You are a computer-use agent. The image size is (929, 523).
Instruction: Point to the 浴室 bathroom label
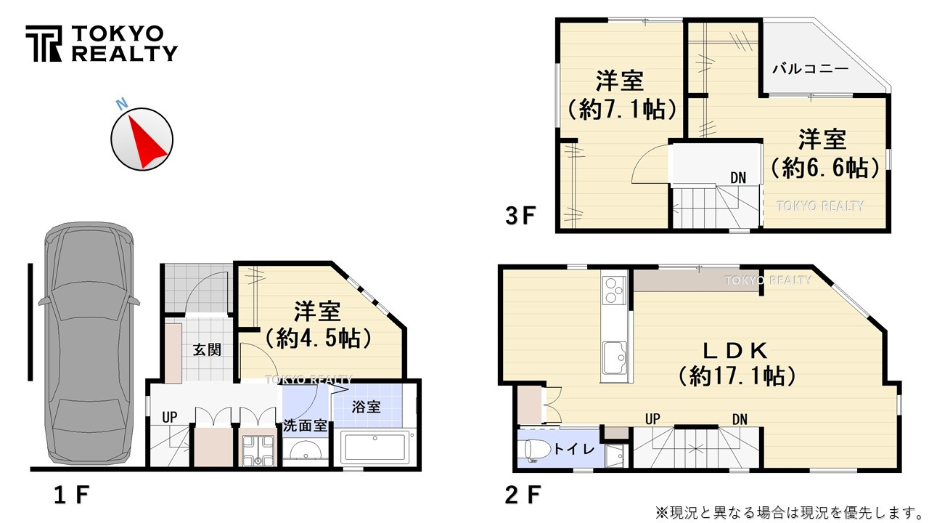pyautogui.click(x=367, y=406)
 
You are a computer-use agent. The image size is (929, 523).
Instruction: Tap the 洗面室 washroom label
pyautogui.click(x=305, y=426)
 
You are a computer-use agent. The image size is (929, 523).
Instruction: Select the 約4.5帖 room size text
pyautogui.click(x=318, y=338)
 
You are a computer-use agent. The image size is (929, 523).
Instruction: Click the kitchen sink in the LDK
pyautogui.click(x=617, y=356)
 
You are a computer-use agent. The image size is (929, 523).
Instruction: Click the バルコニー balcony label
pyautogui.click(x=810, y=69)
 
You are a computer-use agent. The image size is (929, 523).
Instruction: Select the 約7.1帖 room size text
pyautogui.click(x=621, y=110)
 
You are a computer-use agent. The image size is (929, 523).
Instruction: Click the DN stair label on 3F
pyautogui.click(x=738, y=177)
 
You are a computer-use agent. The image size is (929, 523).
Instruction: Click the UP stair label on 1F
pyautogui.click(x=170, y=418)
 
